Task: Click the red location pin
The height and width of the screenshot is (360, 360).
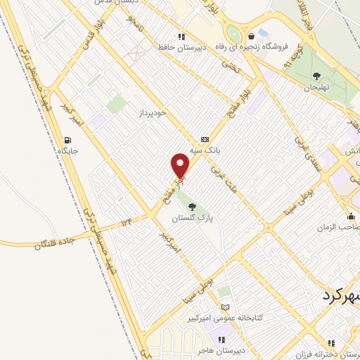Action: point(181,166)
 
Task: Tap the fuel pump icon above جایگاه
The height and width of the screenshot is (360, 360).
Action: point(68,139)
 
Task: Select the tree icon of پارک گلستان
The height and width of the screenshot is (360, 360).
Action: point(193,206)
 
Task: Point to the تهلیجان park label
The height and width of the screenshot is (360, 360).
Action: point(316,87)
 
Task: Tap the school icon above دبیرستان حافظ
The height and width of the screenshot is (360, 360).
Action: point(181,37)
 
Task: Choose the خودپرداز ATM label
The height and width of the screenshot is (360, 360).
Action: point(151,112)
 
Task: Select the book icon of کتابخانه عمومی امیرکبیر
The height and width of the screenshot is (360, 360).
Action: point(225,307)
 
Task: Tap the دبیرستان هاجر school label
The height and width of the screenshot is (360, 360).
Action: point(221,350)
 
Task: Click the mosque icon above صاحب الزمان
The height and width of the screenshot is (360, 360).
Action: point(351,215)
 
